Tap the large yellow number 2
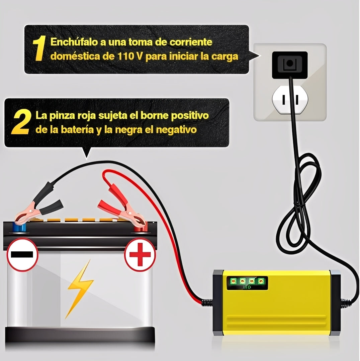click(21, 122)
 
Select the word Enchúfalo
click(74, 42)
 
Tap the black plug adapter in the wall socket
click(290, 65)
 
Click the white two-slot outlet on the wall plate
click(290, 100)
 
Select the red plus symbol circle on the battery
click(140, 255)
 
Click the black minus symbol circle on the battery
click(22, 255)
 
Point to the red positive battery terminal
click(140, 228)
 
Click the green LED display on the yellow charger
click(247, 283)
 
